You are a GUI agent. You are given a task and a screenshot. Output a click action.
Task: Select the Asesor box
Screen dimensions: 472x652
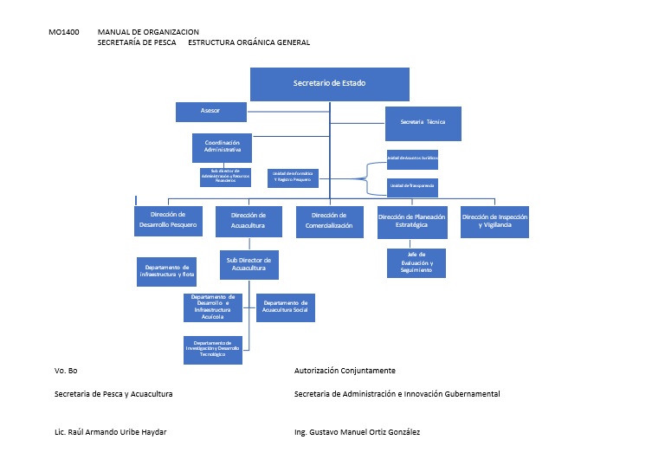210,112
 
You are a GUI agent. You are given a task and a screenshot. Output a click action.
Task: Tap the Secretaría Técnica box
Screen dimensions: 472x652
423,123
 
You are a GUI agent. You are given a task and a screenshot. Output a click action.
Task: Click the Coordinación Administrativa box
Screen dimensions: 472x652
222,147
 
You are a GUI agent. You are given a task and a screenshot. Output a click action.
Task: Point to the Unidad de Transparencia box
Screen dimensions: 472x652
412,186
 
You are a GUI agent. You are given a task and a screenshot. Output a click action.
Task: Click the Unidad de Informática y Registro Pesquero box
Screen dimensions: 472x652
293,178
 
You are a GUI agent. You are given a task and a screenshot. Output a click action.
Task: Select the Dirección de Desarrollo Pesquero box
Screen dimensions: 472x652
168,221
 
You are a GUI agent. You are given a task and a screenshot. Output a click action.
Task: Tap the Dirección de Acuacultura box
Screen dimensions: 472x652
249,221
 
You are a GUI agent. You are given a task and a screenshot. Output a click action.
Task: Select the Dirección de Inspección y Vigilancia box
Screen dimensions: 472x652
494,221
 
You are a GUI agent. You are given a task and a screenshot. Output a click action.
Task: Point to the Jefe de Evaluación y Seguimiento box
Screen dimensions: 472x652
416,263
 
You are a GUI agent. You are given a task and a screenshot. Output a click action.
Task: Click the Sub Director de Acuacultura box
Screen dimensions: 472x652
249,265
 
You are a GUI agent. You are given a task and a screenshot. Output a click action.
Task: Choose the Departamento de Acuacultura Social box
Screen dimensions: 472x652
285,308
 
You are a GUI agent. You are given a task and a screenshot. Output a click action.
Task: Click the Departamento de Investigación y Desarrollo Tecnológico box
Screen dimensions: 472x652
213,349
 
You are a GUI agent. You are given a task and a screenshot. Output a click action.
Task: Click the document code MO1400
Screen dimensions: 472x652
64,32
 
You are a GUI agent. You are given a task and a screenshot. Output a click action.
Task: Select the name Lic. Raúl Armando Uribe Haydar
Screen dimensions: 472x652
110,432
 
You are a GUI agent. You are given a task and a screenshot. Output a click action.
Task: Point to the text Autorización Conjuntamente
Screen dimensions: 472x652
345,371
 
